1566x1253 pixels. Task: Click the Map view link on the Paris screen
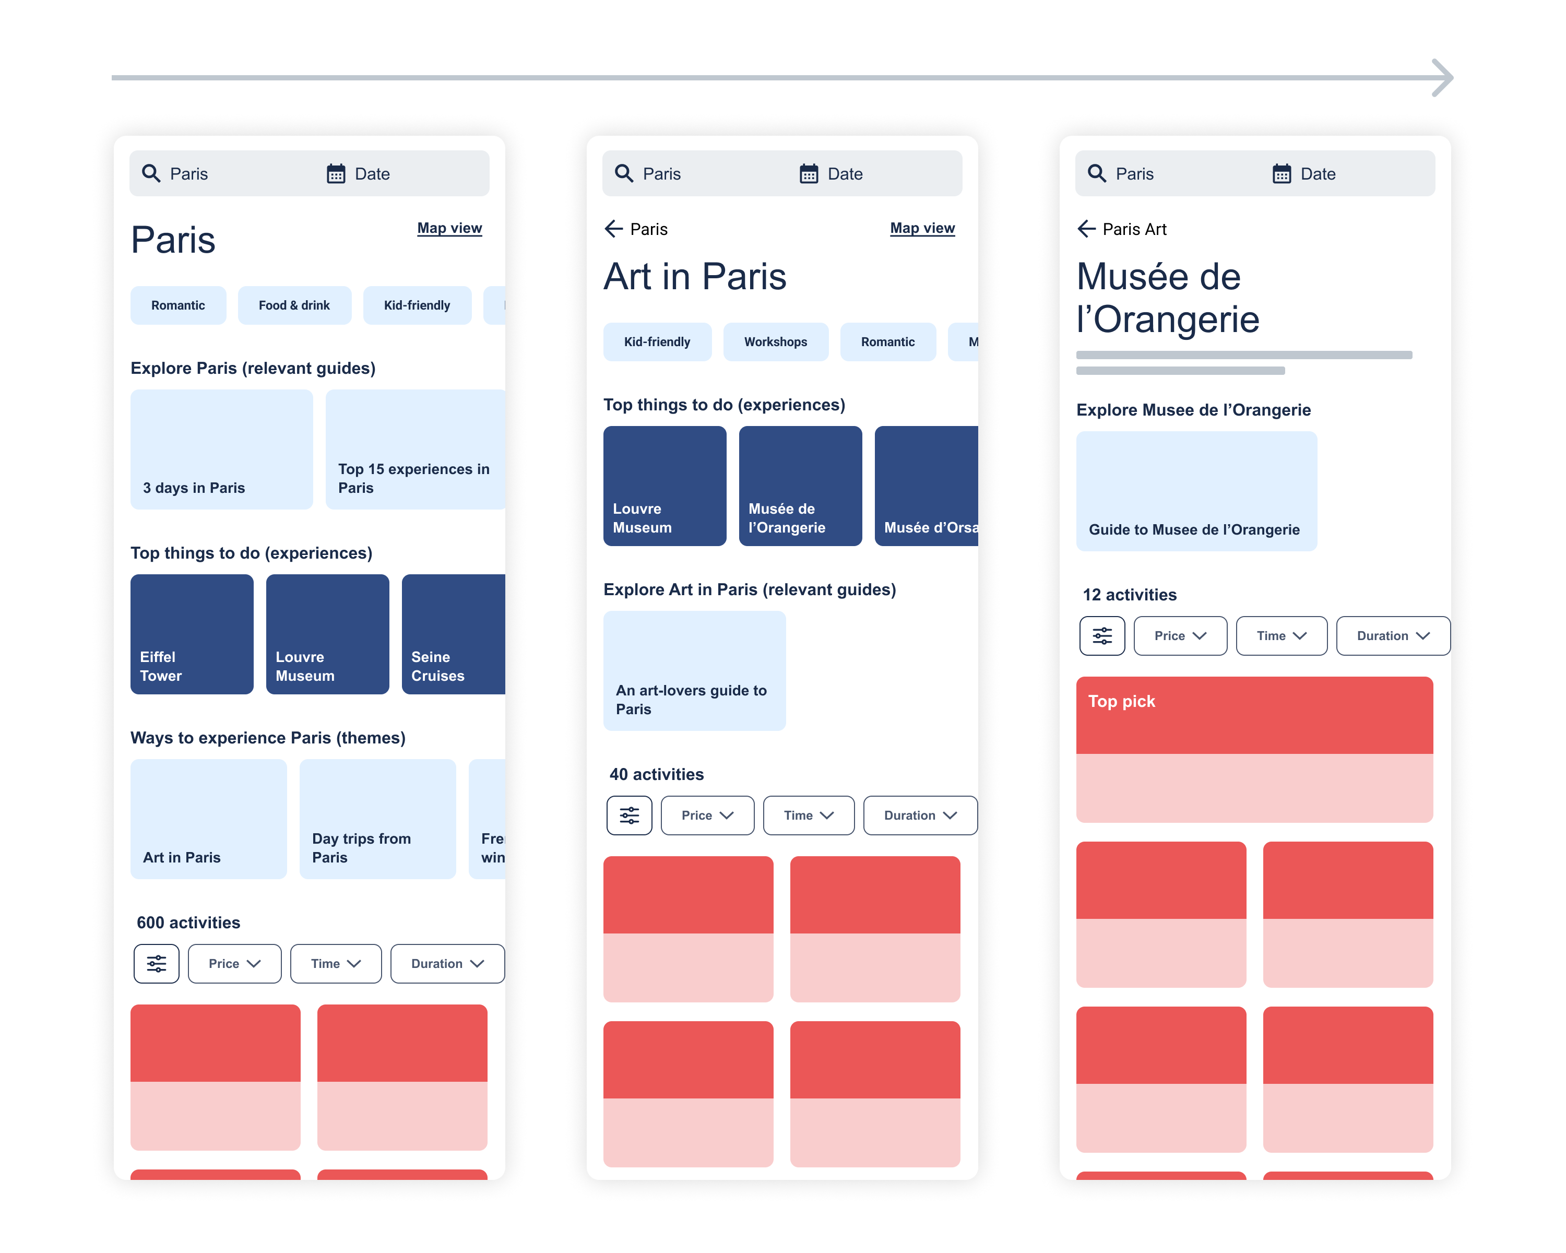click(x=449, y=228)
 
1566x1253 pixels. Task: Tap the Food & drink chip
click(x=294, y=305)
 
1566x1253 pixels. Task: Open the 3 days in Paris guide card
click(x=221, y=449)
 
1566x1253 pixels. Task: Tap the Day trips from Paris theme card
click(x=377, y=819)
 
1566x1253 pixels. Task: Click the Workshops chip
click(x=775, y=341)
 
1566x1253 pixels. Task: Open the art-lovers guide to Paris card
click(x=694, y=670)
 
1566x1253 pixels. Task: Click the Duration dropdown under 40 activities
click(x=920, y=815)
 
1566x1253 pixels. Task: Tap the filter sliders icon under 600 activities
click(x=156, y=963)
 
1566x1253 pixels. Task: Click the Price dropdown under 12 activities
click(x=1180, y=635)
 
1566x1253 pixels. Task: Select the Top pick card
click(x=1254, y=749)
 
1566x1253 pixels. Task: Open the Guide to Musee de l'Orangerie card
click(x=1195, y=491)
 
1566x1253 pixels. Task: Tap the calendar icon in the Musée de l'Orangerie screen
click(x=1282, y=174)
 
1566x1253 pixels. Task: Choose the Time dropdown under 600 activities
click(x=336, y=963)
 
